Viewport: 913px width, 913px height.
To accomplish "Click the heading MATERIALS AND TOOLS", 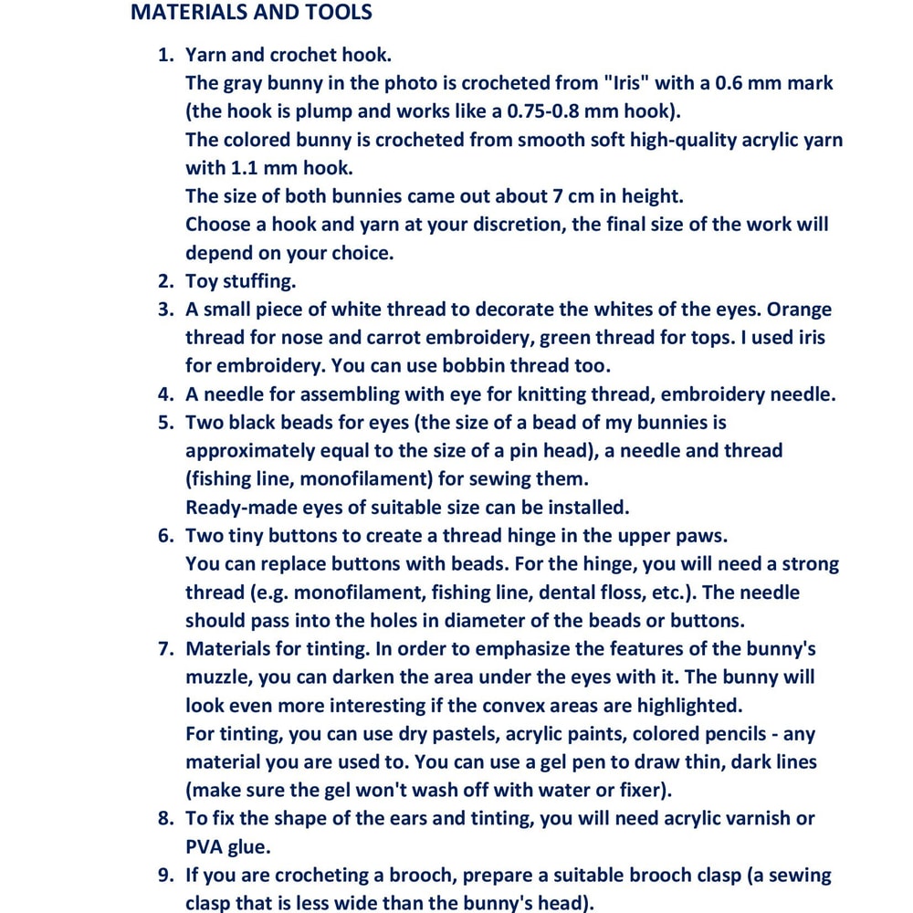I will point(251,13).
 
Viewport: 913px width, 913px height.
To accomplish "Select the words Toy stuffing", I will point(240,281).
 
